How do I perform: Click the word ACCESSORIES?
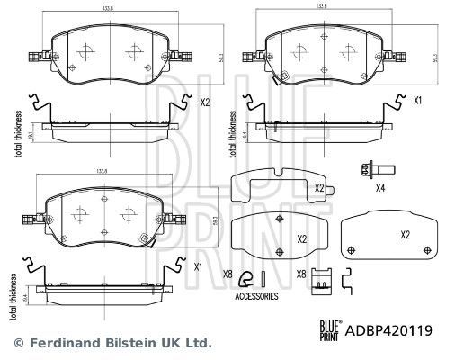click(x=255, y=295)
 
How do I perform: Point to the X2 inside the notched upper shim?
click(x=318, y=187)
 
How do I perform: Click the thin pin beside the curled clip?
click(x=263, y=277)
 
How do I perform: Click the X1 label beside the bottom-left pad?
click(x=198, y=267)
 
